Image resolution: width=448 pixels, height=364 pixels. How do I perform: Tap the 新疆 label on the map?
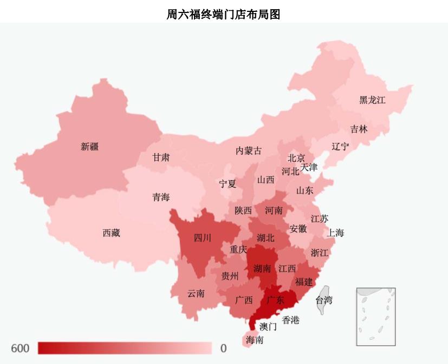[90, 146]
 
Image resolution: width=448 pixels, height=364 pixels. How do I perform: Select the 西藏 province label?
[111, 233]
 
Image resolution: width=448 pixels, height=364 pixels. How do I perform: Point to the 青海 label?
[161, 197]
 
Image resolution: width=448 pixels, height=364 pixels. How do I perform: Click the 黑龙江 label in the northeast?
[372, 100]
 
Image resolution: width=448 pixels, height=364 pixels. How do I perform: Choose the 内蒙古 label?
[248, 151]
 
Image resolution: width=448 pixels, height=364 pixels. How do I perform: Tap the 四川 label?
[203, 237]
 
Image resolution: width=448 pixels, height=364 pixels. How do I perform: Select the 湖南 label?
[262, 268]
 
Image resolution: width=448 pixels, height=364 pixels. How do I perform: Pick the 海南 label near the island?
[255, 340]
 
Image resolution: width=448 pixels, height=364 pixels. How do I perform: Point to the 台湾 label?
[324, 300]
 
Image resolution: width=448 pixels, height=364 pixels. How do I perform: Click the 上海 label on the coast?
[335, 233]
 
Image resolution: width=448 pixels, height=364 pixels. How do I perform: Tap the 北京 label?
[296, 158]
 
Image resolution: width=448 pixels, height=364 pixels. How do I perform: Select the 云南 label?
[196, 294]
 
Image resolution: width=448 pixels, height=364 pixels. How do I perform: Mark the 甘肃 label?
[161, 157]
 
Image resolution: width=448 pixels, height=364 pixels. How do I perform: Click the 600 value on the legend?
[20, 348]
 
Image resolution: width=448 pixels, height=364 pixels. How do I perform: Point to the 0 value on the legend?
[223, 348]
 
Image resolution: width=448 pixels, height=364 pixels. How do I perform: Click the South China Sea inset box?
[375, 316]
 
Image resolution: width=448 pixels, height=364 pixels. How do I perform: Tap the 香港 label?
[290, 320]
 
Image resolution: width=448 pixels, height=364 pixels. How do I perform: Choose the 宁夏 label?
[228, 184]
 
